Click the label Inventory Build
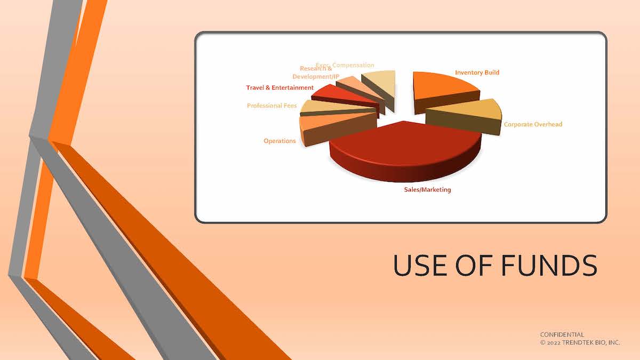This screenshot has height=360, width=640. [x=477, y=73]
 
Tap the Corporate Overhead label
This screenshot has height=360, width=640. [x=533, y=124]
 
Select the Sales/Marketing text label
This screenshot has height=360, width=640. [x=427, y=189]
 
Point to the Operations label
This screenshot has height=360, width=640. [x=279, y=141]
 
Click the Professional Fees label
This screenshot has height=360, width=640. [x=271, y=106]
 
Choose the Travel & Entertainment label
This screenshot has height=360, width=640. [x=279, y=87]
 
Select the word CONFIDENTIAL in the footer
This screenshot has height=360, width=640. [x=562, y=335]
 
